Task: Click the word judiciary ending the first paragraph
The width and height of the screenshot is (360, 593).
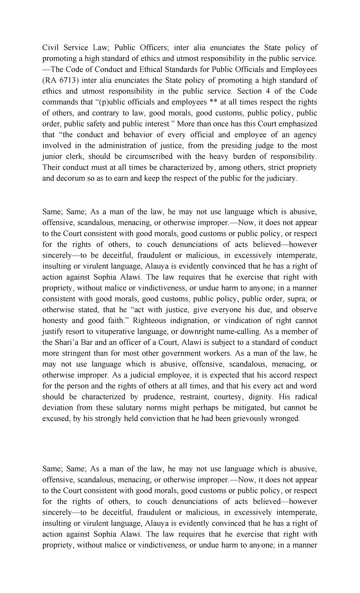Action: [281, 178]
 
